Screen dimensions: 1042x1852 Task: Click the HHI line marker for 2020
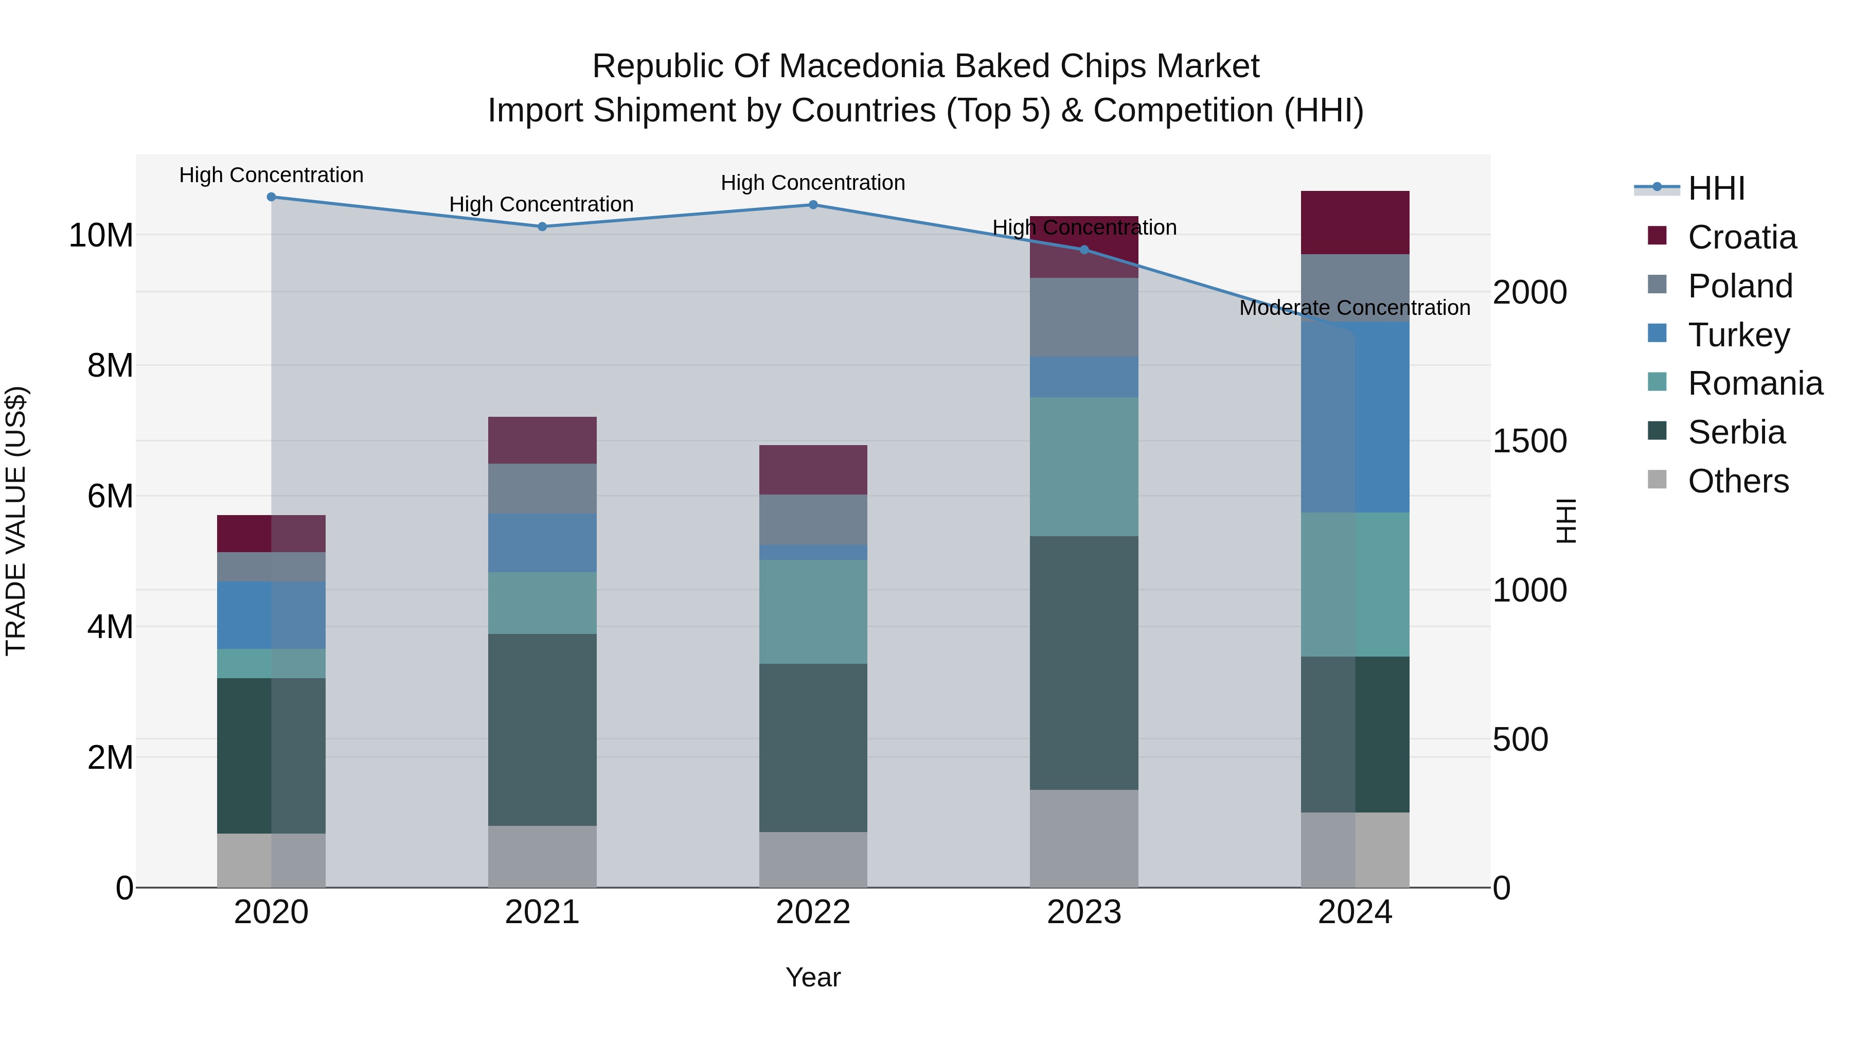(271, 197)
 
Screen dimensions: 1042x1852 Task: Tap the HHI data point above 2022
(813, 205)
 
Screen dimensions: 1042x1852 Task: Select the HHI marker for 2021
(542, 226)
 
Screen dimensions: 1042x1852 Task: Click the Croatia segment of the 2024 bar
(1355, 222)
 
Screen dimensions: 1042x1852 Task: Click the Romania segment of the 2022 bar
(813, 611)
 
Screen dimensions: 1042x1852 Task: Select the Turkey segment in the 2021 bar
(542, 543)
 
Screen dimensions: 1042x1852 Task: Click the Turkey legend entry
(1738, 335)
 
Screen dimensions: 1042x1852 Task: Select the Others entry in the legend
(1738, 481)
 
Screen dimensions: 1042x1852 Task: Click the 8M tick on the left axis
(110, 365)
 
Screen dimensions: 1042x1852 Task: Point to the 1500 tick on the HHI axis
(1529, 441)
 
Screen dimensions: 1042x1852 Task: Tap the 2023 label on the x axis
(1084, 912)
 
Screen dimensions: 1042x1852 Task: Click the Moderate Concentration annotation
(1355, 308)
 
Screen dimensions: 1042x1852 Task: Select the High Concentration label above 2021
(541, 204)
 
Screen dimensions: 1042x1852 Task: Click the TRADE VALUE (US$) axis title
(16, 521)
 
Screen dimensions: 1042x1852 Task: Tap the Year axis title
(813, 977)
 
